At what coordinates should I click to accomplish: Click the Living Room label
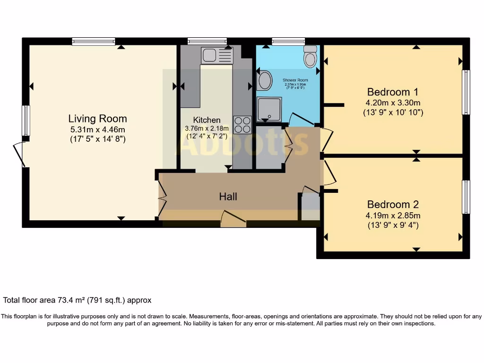(97, 119)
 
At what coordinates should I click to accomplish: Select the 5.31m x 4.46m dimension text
(97, 129)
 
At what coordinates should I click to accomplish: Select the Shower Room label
(295, 80)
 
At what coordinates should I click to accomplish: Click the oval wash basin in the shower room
(265, 80)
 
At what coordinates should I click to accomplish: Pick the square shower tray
(269, 108)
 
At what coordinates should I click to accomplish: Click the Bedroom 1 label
(392, 92)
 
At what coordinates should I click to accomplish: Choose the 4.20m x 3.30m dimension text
(393, 103)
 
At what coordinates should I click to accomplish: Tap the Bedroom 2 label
(393, 205)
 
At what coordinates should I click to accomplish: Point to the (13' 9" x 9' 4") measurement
(393, 225)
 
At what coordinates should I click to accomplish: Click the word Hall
(228, 197)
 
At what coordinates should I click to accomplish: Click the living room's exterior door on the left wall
(19, 154)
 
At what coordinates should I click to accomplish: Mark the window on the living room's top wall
(94, 42)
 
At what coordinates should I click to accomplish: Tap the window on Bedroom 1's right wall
(466, 92)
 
